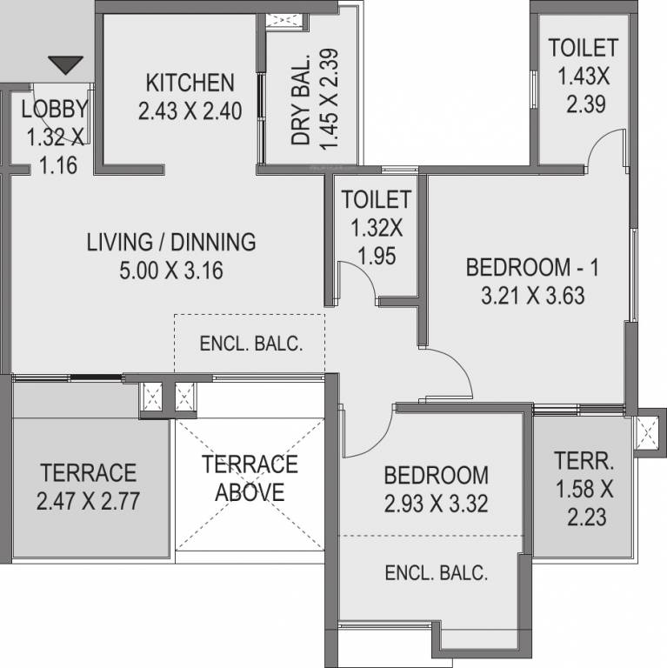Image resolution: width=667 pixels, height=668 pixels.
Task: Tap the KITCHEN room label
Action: coord(190,83)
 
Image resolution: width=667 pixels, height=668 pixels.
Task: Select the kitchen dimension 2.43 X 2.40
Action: coord(190,111)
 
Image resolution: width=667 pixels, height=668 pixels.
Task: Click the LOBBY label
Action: coord(55,110)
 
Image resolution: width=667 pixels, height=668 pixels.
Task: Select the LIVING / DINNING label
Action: coord(171,242)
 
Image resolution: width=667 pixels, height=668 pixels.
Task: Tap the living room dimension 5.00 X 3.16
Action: coord(171,271)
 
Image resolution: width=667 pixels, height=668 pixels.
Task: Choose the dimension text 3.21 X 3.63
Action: coord(532,296)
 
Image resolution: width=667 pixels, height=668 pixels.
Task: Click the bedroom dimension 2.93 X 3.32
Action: coord(436,504)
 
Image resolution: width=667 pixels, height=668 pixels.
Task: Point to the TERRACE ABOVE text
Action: coord(250,478)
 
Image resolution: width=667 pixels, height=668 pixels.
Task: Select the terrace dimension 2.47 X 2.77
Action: coord(88,501)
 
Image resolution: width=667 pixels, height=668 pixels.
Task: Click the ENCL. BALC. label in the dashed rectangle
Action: coord(251,344)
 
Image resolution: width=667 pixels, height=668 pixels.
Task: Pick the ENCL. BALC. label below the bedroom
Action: coord(436,573)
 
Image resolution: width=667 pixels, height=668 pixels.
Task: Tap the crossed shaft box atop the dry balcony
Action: coord(283,21)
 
